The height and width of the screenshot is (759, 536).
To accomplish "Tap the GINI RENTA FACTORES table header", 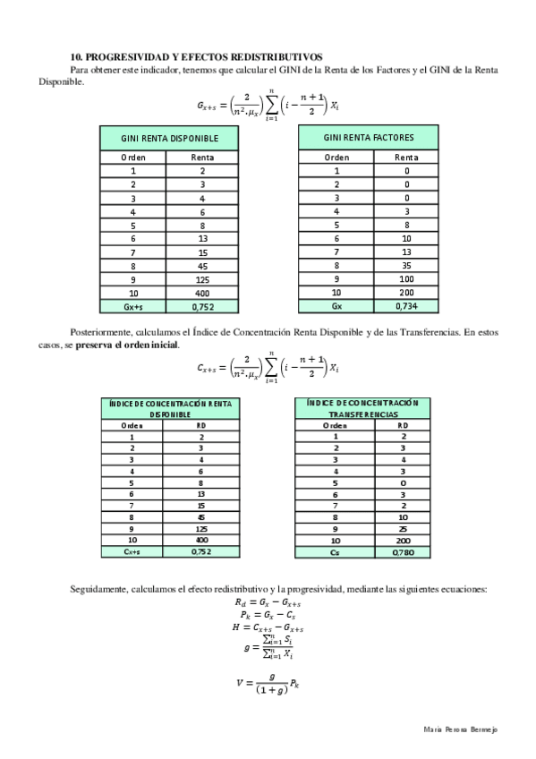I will pos(369,138).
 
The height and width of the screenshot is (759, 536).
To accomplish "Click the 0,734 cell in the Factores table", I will pos(406,305).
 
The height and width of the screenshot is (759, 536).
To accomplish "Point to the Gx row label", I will pos(336,305).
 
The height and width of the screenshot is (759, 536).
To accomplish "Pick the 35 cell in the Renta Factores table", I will pos(406,265).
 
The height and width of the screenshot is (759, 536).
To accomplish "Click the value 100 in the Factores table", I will pos(406,278).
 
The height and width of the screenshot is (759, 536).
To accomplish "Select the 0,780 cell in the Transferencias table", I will pos(403,552).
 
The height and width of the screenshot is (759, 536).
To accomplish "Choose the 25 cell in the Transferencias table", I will pos(403,529).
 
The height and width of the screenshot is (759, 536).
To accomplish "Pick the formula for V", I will pos(268,684).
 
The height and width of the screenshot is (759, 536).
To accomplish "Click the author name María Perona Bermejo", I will pos(459,729).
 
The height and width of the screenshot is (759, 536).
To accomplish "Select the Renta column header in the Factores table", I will pos(406,158).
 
